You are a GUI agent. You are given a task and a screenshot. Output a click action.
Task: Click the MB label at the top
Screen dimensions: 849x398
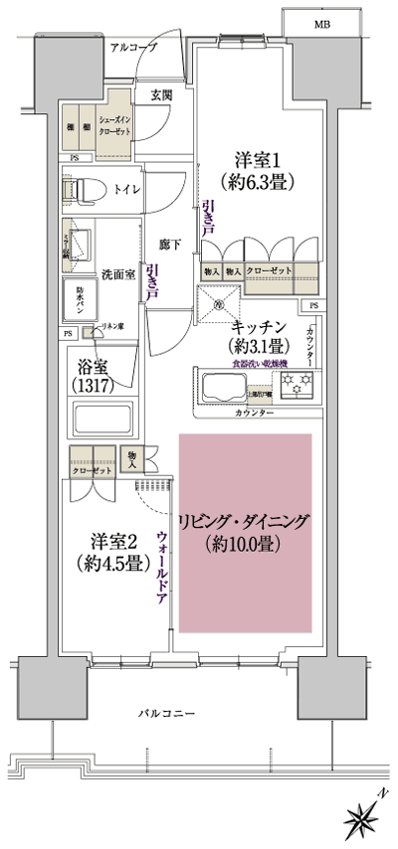point(323,23)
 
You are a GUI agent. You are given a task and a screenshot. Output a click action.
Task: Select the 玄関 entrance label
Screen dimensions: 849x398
point(161,95)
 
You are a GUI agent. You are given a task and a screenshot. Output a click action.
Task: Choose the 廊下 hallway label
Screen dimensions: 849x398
point(169,243)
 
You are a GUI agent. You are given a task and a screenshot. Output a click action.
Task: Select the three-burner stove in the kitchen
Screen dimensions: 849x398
point(295,389)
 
